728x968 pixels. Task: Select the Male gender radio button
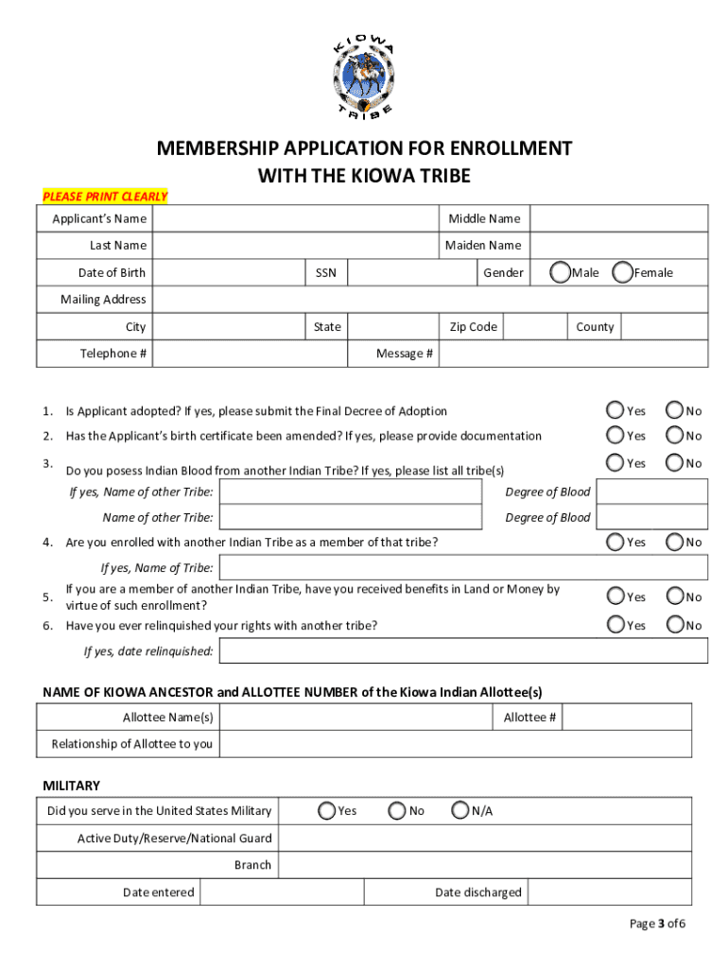tap(561, 272)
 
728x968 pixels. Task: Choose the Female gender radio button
tap(623, 272)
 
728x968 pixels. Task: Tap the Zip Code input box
tap(534, 327)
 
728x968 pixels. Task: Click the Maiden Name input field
tap(618, 246)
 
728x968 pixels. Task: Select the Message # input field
tap(573, 354)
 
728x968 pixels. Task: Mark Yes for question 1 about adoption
tap(615, 410)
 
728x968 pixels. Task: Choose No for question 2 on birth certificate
tap(675, 435)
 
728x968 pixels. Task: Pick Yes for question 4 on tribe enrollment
tap(615, 542)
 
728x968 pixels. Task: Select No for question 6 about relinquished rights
tap(675, 625)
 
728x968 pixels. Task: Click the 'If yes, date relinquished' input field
tap(463, 651)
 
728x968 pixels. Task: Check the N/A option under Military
tap(460, 810)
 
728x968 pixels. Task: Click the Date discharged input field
tap(610, 892)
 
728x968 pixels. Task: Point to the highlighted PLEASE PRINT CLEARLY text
tap(105, 197)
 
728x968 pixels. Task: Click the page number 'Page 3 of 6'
tap(657, 924)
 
